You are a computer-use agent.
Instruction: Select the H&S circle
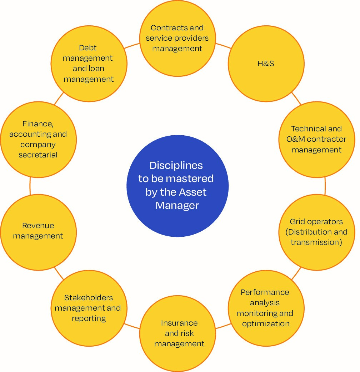click(266, 64)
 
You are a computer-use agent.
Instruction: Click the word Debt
click(88, 48)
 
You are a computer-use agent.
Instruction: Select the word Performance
click(265, 292)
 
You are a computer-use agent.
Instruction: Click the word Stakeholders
click(89, 298)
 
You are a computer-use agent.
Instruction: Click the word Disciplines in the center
click(176, 166)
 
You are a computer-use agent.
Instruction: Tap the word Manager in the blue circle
click(177, 206)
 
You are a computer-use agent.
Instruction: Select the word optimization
click(266, 324)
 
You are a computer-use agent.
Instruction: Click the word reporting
click(89, 318)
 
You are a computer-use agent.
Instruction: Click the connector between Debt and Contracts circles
click(133, 46)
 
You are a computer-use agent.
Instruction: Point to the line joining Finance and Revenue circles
click(30, 186)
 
